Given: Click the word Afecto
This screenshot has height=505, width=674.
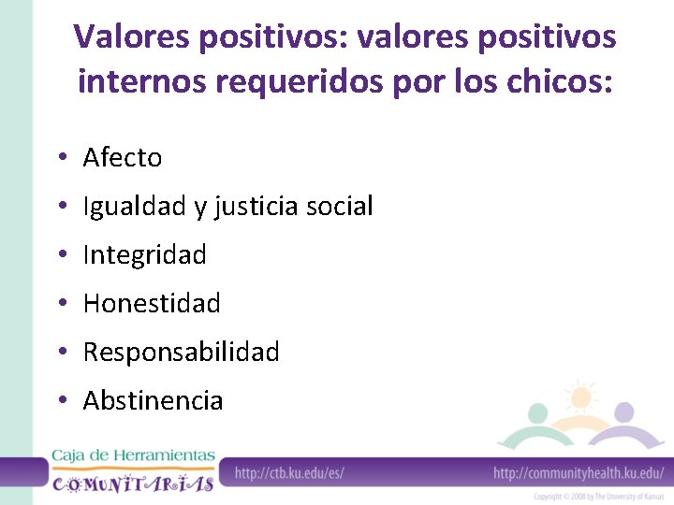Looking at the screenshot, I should pos(122,158).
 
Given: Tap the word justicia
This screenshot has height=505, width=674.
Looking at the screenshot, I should pos(260,207).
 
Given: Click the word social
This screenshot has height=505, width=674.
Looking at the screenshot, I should pos(342,207).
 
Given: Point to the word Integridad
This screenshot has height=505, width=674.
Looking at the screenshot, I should pos(144,255).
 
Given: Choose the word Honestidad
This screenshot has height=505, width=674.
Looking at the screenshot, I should pos(152,304).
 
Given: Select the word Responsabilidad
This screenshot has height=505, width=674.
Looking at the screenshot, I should pos(181,353).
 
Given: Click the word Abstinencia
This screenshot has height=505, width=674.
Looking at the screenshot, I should pos(153,401).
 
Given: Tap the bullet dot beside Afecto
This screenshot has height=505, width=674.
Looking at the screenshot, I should pos(59,159).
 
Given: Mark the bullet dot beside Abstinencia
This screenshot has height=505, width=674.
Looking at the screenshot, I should pos(59,402).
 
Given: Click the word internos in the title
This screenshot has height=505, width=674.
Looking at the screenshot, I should pos(141,81).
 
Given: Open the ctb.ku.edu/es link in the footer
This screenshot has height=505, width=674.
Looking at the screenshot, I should pos(289,472).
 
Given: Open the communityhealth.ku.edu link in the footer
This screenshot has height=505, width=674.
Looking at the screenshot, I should pos(578,472).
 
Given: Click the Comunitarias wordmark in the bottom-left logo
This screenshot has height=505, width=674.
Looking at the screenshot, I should pos(132,483).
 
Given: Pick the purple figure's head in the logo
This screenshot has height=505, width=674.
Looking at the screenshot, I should pos(624,412).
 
